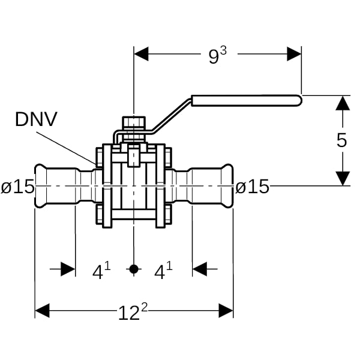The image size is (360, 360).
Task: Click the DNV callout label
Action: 36,119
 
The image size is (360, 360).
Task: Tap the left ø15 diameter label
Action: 17,187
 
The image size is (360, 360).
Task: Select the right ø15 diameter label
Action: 252,187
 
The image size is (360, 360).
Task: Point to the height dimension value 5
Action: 341,140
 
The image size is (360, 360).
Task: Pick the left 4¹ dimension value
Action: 101,271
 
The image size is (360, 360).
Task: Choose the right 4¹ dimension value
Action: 163,271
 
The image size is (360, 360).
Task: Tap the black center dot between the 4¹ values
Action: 134,269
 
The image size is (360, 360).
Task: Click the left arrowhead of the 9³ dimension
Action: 141,54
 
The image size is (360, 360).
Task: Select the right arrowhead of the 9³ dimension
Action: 294,54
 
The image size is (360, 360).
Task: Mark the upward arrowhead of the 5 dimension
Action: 343,103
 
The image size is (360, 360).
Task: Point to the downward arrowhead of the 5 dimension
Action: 343,178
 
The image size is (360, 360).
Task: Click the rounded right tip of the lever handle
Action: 299,101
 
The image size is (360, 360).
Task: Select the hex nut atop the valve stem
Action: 134,122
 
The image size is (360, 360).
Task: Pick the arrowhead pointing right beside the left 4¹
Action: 68,269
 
